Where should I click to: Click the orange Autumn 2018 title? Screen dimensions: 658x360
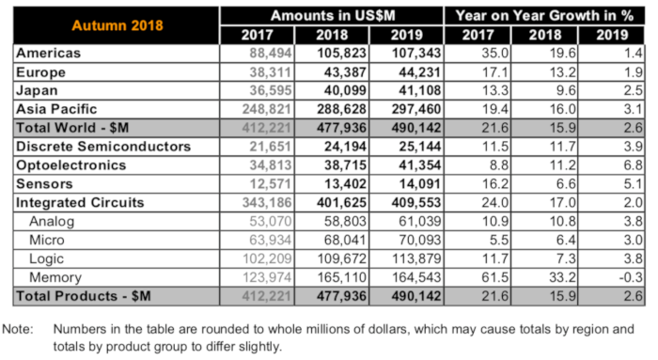pos(117,25)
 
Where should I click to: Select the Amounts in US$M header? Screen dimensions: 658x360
pos(333,16)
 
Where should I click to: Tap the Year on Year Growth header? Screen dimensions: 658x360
pos(544,16)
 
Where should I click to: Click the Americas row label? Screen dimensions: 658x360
pos(48,54)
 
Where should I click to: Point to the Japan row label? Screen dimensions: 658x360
pos(37,90)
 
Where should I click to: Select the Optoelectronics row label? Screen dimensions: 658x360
pos(70,165)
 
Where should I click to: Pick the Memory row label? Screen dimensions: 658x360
pos(55,277)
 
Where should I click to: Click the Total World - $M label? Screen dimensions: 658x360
pos(72,128)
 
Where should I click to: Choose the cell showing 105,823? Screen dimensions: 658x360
pos(341,54)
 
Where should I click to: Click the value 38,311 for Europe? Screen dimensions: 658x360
pos(271,72)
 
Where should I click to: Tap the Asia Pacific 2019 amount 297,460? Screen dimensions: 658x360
pos(415,110)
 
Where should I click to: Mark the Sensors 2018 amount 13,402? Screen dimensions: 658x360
pos(345,184)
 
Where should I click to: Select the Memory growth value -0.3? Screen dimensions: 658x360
pos(631,277)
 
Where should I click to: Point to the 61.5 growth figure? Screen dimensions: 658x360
pos(495,277)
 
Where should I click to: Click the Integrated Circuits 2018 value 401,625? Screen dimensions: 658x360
pos(341,203)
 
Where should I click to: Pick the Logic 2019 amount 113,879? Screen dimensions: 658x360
pos(415,258)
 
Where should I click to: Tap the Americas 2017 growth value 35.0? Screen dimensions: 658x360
pos(495,54)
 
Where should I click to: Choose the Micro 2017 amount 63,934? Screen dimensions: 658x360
pos(271,240)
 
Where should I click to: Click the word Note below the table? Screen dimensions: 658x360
pos(18,329)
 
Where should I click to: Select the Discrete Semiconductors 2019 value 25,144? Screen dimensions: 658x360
pos(419,147)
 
